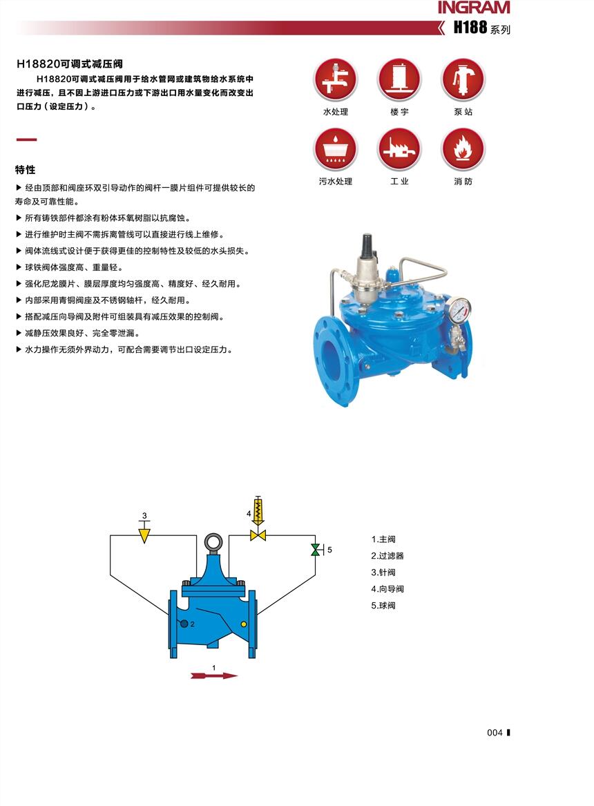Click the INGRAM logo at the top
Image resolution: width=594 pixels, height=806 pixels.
[x=474, y=8]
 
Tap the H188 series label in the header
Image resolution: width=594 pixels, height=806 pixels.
[x=481, y=27]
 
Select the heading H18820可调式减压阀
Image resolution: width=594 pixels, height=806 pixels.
[x=70, y=64]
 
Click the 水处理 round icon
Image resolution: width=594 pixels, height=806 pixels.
[x=336, y=79]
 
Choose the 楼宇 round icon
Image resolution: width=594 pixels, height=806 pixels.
[x=399, y=79]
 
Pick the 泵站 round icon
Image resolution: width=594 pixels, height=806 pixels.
[x=463, y=79]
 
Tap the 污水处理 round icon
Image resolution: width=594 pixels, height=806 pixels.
[x=336, y=149]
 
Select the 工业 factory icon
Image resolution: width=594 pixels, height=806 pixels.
[x=399, y=149]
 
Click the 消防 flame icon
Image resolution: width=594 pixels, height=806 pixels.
[x=463, y=149]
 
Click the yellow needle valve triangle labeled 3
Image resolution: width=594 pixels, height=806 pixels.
[x=144, y=536]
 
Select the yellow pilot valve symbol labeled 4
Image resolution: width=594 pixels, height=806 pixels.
[x=258, y=519]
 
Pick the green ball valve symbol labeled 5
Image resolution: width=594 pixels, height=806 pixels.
[x=315, y=550]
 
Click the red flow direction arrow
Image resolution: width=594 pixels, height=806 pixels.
[x=213, y=675]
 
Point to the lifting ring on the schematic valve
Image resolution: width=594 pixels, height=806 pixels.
[x=213, y=541]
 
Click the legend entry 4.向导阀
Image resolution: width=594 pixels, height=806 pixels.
[x=387, y=589]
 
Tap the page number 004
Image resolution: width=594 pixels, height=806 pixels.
[x=495, y=733]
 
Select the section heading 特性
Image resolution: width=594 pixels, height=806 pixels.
[x=25, y=170]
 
